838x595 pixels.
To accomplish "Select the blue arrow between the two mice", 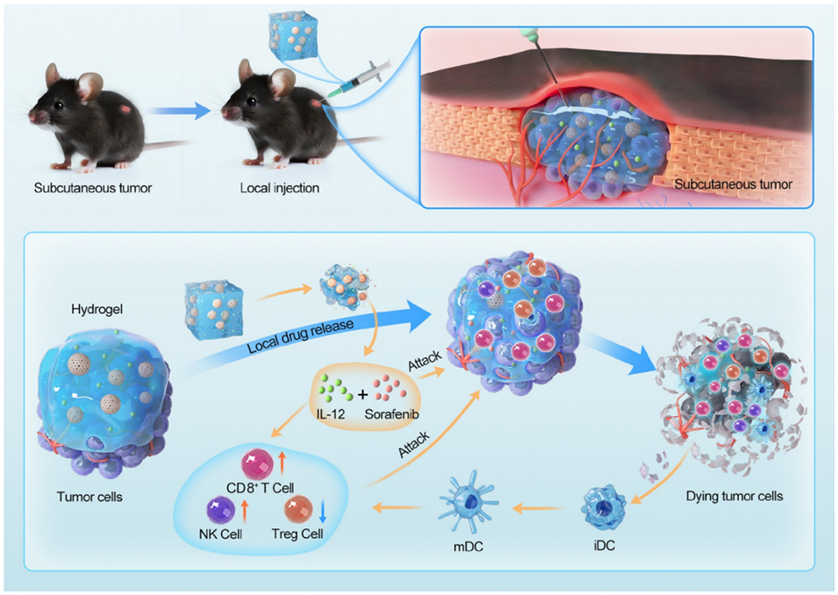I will [x=179, y=111].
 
